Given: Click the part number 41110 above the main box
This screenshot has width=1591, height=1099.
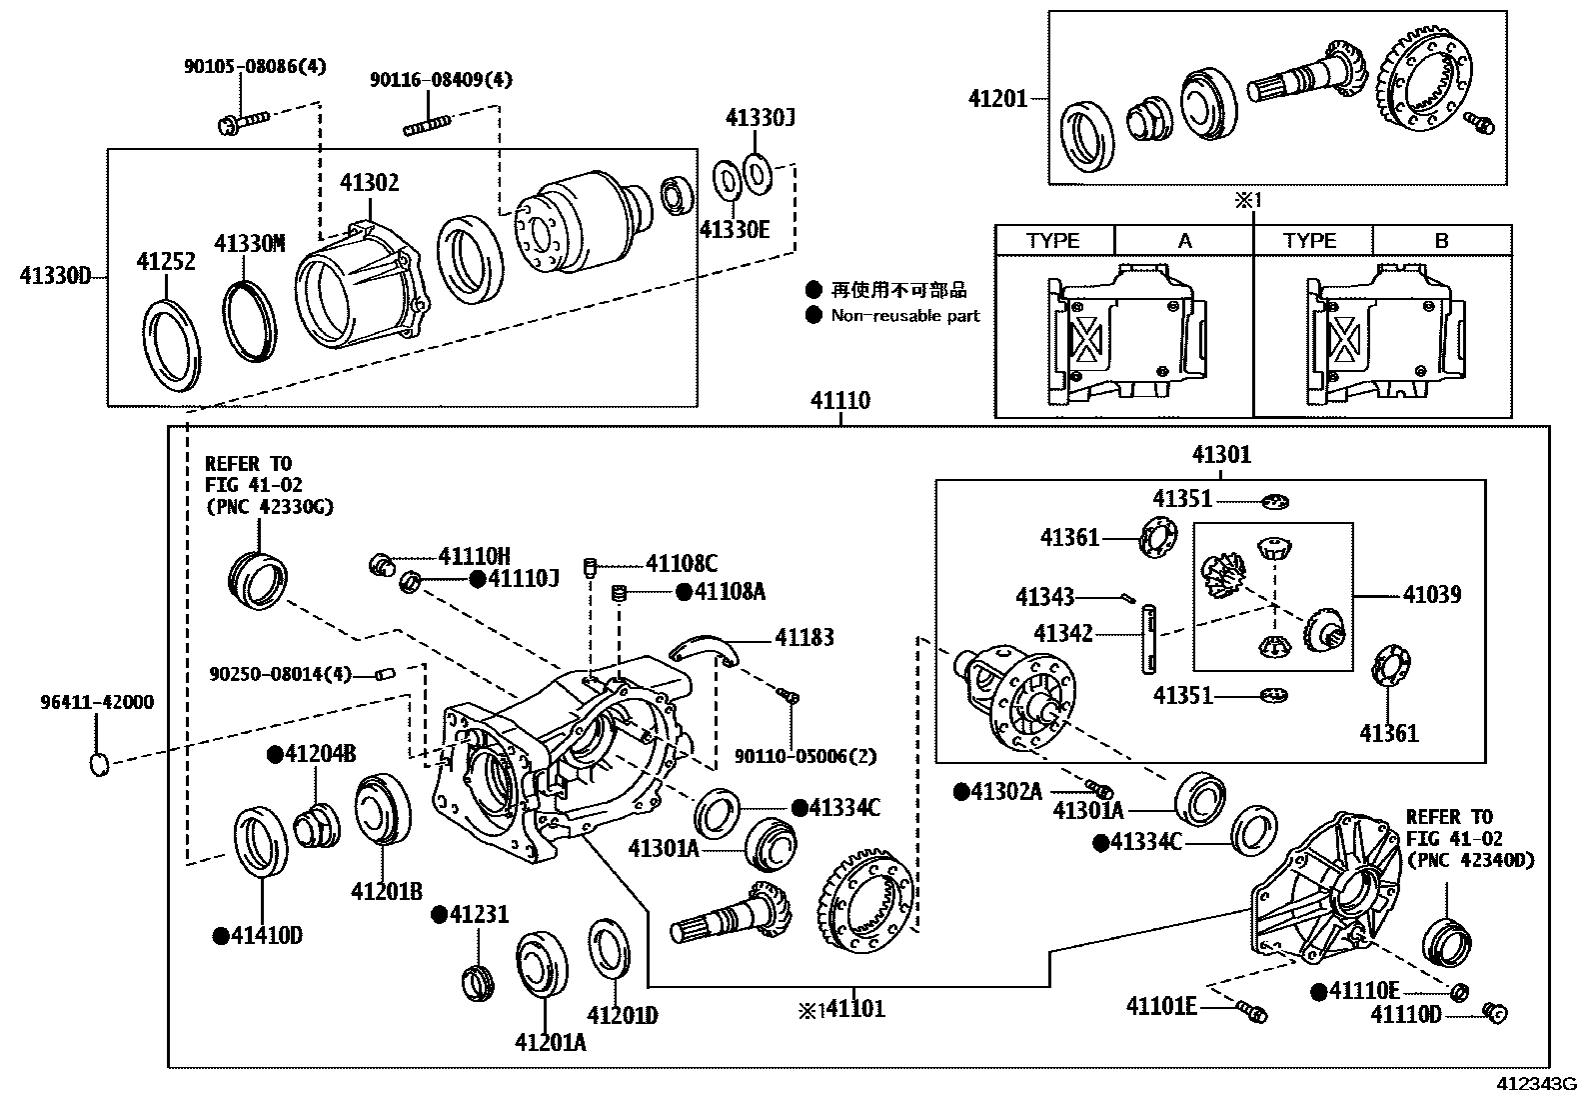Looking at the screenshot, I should tap(839, 402).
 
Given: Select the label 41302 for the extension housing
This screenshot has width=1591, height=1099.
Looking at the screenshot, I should tap(369, 183).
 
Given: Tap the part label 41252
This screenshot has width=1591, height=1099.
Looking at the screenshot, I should tap(166, 262).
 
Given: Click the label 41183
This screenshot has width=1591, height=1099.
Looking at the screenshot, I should tap(803, 638).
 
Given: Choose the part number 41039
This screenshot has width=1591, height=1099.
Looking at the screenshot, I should tap(1431, 595).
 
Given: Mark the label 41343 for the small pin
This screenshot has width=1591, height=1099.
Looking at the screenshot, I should tap(1044, 597).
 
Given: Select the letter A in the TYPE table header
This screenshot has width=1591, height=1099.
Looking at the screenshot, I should tap(1184, 241).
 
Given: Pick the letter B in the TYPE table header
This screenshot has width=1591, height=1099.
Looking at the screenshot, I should tap(1441, 241).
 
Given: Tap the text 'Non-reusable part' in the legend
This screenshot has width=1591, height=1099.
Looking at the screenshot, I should tap(905, 316).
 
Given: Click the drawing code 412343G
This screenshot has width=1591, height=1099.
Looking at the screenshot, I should tap(1535, 1084).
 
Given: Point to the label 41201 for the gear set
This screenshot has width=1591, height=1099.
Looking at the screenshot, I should tap(997, 99).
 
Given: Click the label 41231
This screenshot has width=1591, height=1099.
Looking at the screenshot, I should tap(479, 914).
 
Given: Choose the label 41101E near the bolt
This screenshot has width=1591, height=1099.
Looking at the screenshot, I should tap(1161, 1006).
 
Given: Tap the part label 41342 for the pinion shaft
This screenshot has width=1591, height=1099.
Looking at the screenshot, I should tap(1063, 634).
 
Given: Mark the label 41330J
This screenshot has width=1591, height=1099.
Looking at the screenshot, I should tap(760, 118).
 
